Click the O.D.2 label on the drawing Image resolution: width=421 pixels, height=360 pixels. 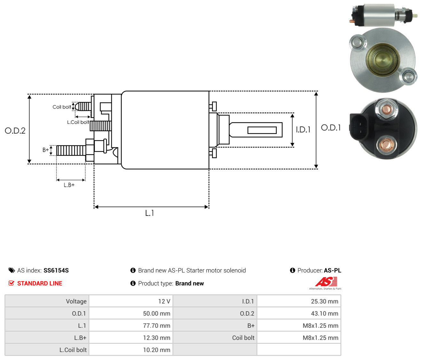point(15,131)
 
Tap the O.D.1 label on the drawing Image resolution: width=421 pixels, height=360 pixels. point(331,128)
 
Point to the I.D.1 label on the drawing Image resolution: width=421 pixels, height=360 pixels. point(303,130)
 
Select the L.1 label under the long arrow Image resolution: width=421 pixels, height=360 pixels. point(149,213)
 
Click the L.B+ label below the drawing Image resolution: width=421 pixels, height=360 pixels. point(69,185)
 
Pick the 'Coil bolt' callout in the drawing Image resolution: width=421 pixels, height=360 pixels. point(62,107)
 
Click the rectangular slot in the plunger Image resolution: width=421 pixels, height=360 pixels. point(262,130)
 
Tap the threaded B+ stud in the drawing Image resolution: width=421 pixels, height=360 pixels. point(71,150)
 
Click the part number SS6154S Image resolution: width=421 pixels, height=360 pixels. point(56,270)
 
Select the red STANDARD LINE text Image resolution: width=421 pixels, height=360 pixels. point(40,283)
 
